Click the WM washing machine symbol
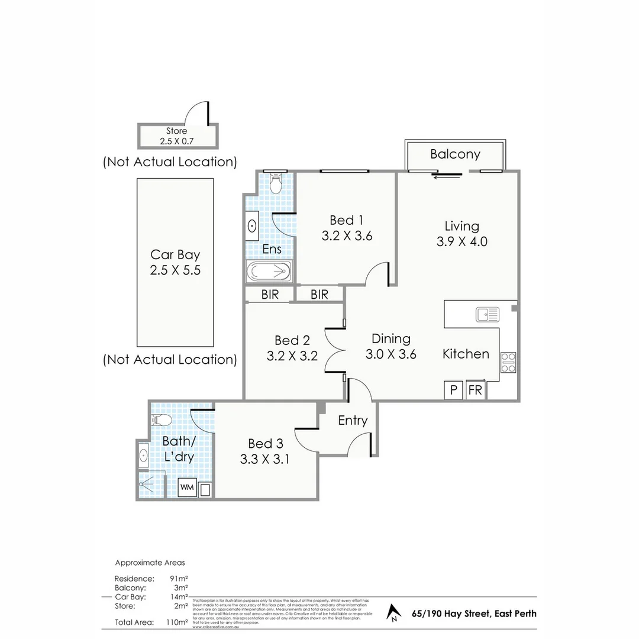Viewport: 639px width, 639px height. point(187,488)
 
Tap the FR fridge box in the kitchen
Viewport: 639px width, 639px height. point(475,390)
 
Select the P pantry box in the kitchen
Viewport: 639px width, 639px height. point(454,390)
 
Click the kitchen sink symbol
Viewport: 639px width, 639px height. point(488,314)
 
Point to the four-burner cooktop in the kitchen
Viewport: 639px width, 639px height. point(508,362)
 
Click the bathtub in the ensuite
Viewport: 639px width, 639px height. point(269,272)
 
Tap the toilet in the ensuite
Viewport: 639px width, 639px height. point(276,184)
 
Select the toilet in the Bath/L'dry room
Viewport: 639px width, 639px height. point(162,421)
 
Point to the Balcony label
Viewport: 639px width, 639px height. point(455,154)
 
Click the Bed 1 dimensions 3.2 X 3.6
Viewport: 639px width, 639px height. point(347,235)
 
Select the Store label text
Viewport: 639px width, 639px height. point(176,131)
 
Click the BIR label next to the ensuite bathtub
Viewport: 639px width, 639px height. point(270,294)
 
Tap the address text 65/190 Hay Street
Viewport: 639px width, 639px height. point(474,613)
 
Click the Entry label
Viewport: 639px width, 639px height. point(353,421)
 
